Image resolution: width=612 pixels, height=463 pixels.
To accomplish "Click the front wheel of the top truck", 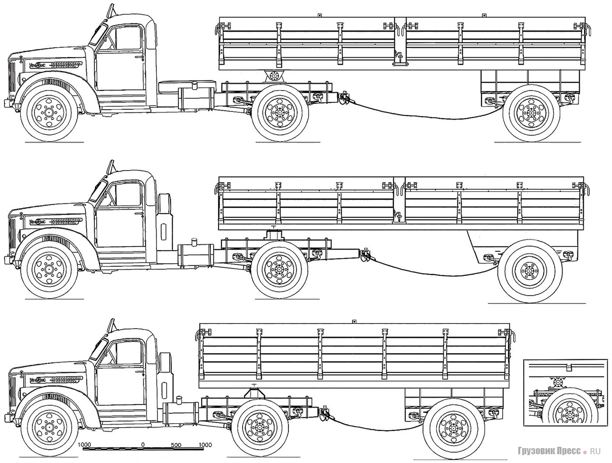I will (x=49, y=111).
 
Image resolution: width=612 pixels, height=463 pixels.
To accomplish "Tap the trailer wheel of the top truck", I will (x=531, y=112).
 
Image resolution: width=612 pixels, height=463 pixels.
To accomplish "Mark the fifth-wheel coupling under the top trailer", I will (x=274, y=76).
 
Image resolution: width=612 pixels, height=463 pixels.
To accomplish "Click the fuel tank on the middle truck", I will (x=195, y=256).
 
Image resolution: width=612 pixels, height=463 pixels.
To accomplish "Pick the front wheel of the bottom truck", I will (x=49, y=425).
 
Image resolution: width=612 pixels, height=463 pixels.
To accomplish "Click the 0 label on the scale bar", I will (x=143, y=445).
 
